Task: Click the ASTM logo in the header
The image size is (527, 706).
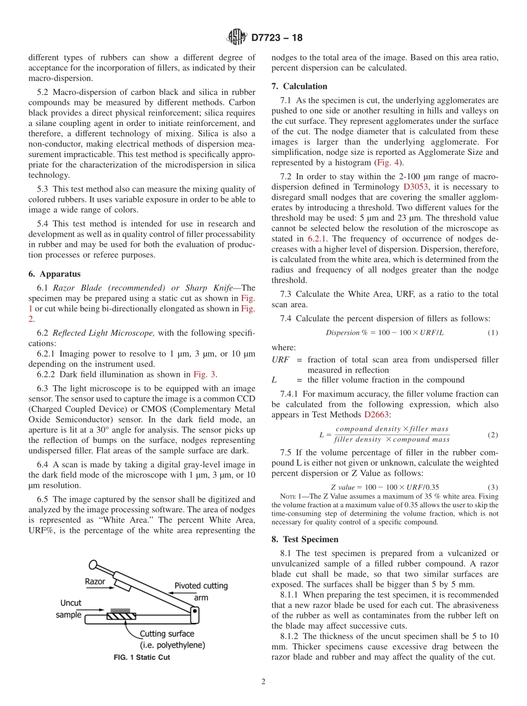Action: tap(236, 38)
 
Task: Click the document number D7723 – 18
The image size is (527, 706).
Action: tap(277, 38)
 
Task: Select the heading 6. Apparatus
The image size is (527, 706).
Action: tap(54, 274)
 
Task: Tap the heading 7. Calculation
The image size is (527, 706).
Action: tap(300, 86)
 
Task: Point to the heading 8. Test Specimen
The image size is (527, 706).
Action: tap(305, 539)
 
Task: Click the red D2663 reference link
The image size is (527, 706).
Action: tap(376, 414)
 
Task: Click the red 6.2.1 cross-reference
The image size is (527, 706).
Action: tap(318, 238)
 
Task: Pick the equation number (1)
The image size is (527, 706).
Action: tap(492, 332)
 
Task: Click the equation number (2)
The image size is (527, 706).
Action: tap(492, 435)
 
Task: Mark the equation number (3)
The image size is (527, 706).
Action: tap(492, 487)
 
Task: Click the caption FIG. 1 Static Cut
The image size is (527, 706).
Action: tap(141, 658)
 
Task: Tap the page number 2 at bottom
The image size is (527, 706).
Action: tap(263, 682)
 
